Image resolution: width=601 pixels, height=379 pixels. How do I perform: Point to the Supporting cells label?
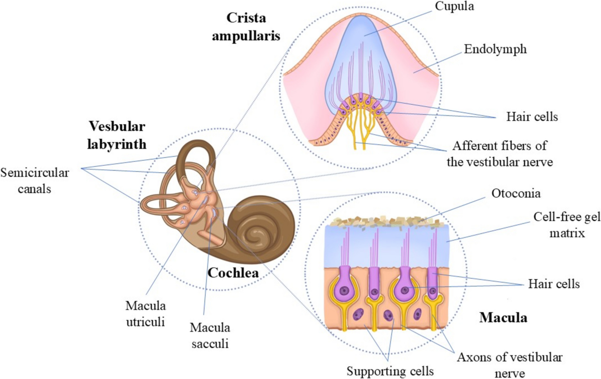pos(390,371)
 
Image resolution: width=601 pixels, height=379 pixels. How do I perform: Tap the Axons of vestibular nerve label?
pos(509,364)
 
